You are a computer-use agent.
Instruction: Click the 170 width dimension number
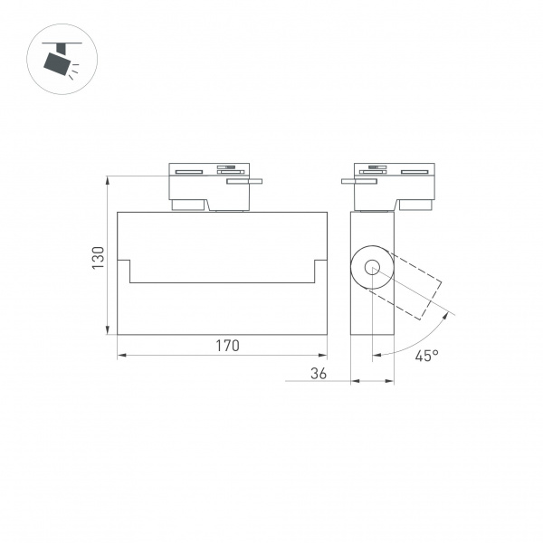[226, 345]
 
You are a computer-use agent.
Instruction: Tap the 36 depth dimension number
[318, 372]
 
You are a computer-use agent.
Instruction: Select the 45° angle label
[426, 356]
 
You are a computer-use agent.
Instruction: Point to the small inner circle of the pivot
[372, 266]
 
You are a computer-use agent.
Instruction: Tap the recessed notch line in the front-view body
[223, 281]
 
